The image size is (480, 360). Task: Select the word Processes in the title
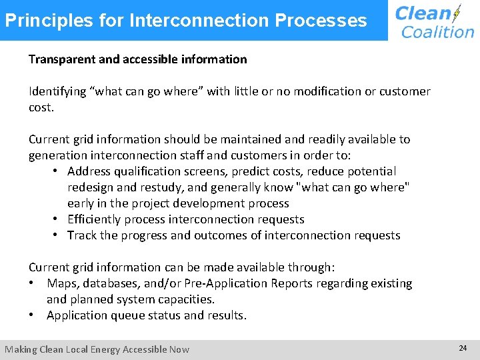pos(327,20)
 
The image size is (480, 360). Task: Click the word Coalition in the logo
pos(438,32)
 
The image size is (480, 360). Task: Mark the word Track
pos(81,235)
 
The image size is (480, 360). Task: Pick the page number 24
pos(463,348)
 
